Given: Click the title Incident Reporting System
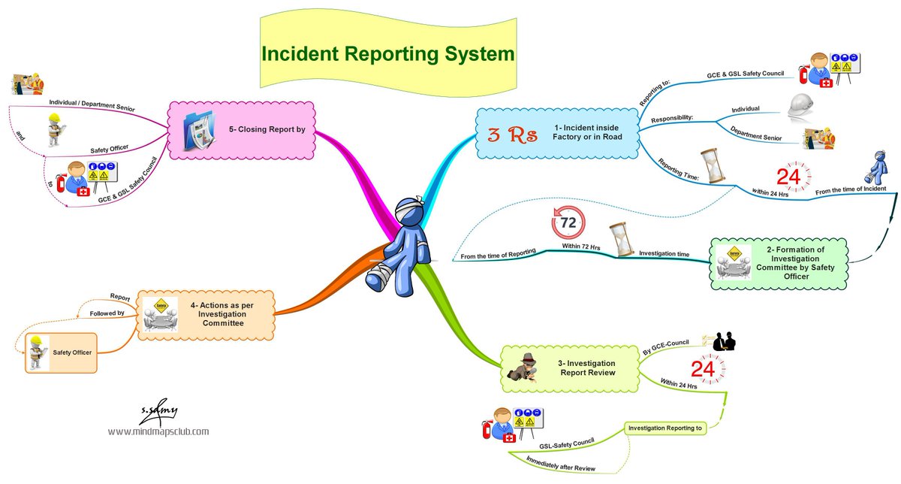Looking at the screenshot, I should pos(387,54).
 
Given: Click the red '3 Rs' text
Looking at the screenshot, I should pos(511,136).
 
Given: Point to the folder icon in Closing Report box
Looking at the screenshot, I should pos(200,130).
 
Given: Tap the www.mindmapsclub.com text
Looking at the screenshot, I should pos(158,431).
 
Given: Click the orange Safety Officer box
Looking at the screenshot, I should pos(60,352).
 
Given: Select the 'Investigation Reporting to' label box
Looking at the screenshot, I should pos(664,428).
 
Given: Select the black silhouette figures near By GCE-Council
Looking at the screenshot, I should pos(723,341).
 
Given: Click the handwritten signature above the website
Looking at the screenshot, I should pos(158,412).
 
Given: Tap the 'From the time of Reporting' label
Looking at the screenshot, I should pos(498,253).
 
